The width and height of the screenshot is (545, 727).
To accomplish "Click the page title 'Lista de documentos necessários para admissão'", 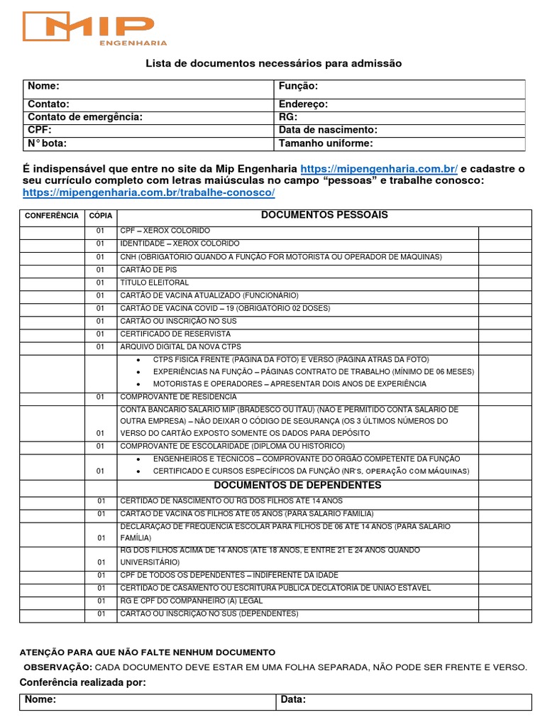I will [x=273, y=64].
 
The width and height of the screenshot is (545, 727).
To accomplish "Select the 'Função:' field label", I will [x=298, y=86].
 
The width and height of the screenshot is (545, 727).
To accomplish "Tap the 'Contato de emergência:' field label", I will [x=84, y=117].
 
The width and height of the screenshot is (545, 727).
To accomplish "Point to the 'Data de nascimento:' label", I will [x=328, y=130].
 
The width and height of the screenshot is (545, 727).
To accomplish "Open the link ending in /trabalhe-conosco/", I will [x=148, y=193].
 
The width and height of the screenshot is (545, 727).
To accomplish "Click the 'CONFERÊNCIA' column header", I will [x=52, y=215].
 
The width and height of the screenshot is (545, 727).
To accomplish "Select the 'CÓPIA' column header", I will [x=100, y=215].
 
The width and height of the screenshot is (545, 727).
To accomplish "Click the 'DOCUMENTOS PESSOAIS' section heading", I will [x=324, y=215].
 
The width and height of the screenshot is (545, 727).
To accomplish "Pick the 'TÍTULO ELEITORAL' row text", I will [x=155, y=283].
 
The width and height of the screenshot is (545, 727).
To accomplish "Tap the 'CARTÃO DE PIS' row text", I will [x=148, y=270].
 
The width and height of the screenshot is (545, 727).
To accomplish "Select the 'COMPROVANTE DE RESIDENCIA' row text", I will [x=178, y=397].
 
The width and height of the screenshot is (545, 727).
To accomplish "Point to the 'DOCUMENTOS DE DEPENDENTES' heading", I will [x=297, y=486].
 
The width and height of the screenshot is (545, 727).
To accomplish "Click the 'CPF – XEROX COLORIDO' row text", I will [x=165, y=231].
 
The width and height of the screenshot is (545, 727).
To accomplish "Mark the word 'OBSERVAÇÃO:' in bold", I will [x=57, y=667].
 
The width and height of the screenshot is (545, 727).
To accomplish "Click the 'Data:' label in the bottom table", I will [x=293, y=700].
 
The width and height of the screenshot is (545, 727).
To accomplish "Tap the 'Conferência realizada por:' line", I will [x=83, y=682].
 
